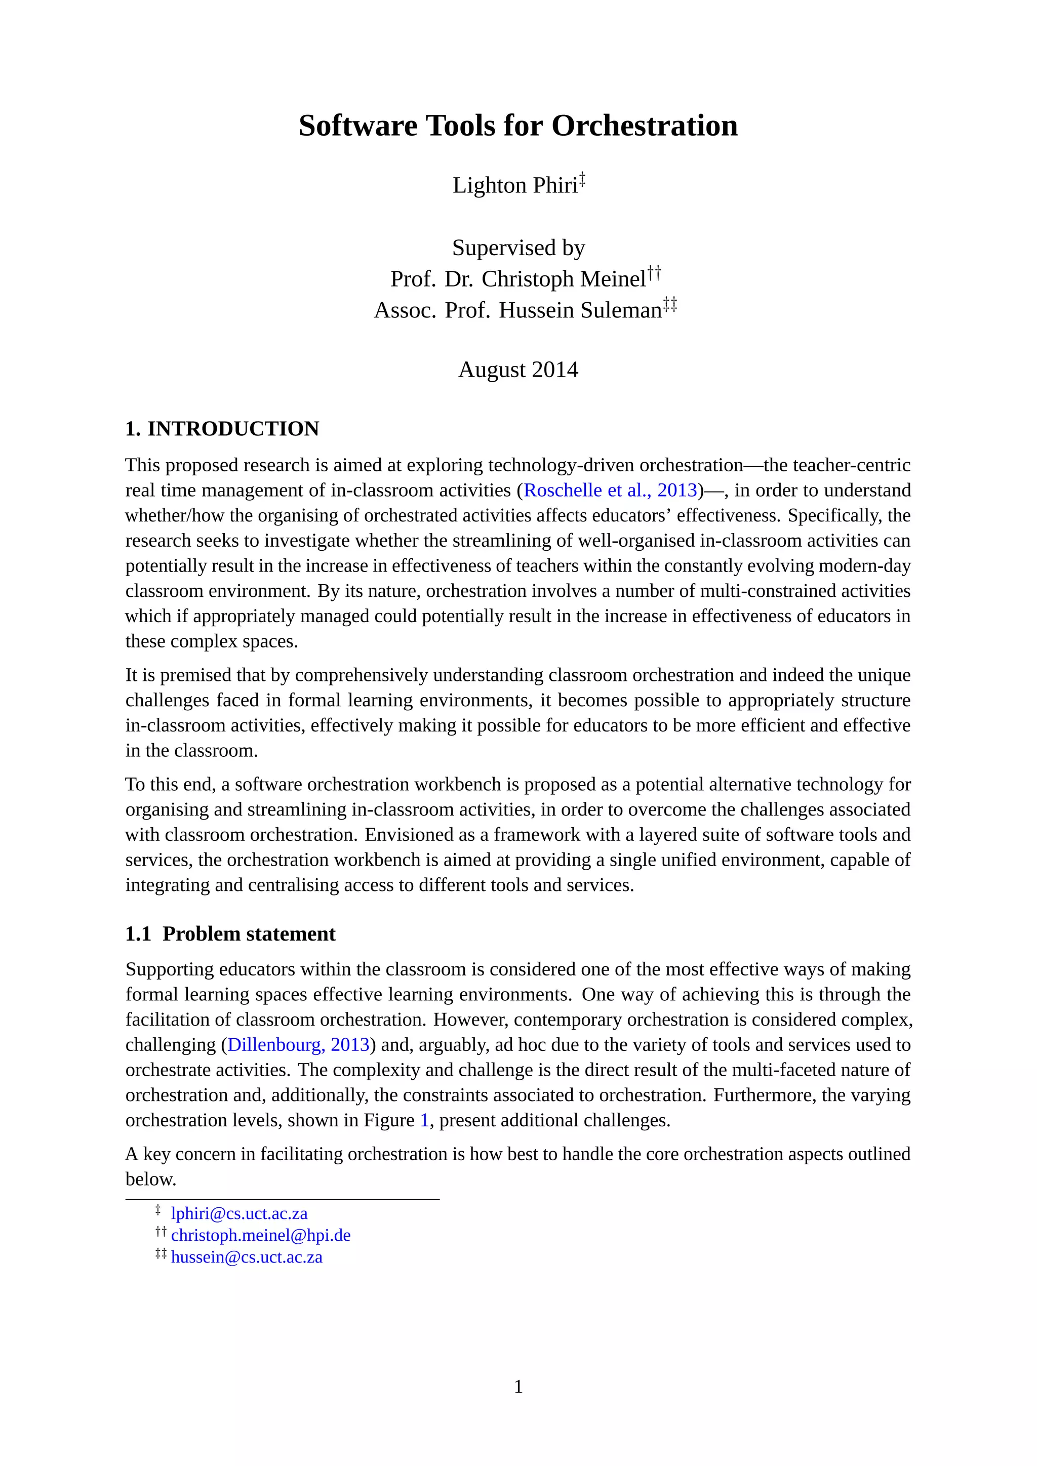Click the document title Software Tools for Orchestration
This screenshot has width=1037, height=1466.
click(x=518, y=126)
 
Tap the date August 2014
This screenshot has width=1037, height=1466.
click(x=518, y=370)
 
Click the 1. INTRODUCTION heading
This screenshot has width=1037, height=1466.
click(x=222, y=428)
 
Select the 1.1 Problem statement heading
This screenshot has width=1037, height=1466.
click(x=230, y=933)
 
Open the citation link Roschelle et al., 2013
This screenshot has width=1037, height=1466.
click(x=610, y=491)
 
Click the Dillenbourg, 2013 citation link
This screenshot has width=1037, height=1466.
click(x=298, y=1045)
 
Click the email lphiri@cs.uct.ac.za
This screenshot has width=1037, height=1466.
click(x=239, y=1213)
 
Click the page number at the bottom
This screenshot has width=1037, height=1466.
click(x=518, y=1386)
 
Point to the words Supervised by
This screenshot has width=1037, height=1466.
click(x=518, y=248)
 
